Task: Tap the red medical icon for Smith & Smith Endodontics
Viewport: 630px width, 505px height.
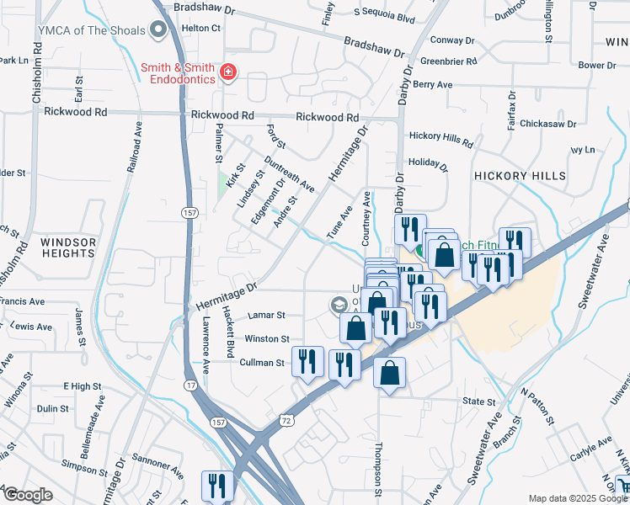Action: click(x=227, y=73)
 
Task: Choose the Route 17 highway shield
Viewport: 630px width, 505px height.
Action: click(x=192, y=385)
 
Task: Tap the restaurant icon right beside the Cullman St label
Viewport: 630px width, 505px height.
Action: click(x=307, y=362)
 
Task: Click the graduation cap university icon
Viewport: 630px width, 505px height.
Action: click(x=339, y=304)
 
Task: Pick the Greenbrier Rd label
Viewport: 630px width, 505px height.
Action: click(x=448, y=61)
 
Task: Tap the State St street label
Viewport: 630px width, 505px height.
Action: click(x=478, y=402)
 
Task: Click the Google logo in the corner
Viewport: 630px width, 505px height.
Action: click(x=28, y=496)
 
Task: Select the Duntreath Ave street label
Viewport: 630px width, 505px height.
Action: click(x=288, y=173)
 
